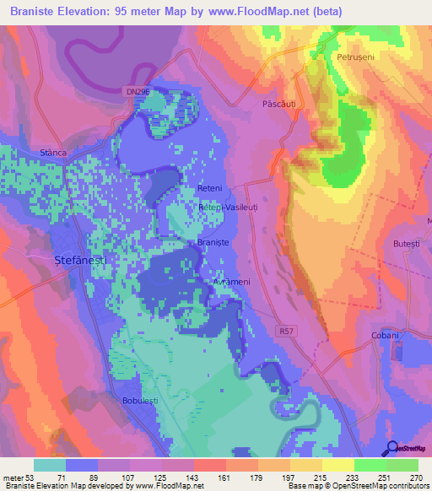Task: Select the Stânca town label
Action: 53,153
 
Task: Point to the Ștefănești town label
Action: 79,262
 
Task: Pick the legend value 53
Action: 27,477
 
